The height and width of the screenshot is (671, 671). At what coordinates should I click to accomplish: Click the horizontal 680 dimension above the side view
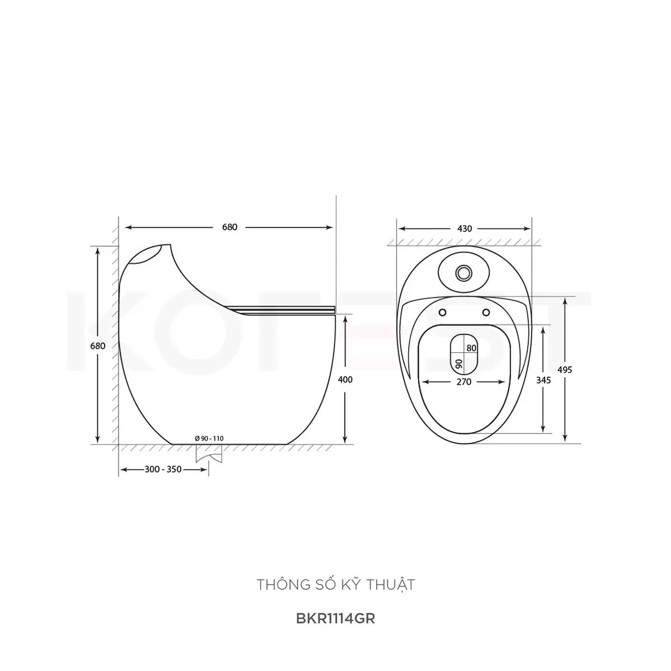click(229, 227)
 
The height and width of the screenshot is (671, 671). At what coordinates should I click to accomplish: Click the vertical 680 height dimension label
click(97, 346)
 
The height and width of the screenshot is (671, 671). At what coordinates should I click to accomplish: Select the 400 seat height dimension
click(345, 380)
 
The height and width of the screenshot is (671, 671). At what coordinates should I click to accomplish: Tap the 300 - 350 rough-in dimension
click(163, 469)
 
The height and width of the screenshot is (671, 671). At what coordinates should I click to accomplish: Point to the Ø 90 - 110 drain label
click(209, 439)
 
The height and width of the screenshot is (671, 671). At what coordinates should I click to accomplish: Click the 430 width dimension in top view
click(465, 229)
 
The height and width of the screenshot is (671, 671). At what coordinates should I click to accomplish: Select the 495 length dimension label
click(564, 370)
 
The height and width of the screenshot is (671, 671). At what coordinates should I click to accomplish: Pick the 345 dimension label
click(543, 380)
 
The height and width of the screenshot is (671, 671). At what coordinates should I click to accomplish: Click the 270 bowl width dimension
click(464, 382)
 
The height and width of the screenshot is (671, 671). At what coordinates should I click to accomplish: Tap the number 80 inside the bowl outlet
click(471, 348)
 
